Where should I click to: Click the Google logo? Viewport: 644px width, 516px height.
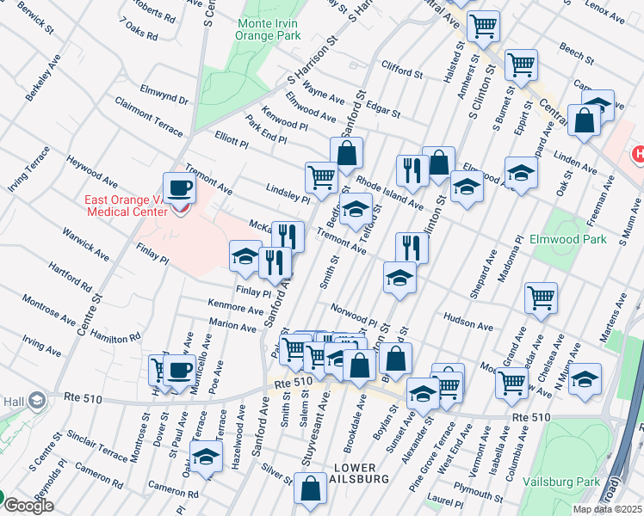point(28,506)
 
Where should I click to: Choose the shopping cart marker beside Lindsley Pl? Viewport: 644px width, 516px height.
point(321,177)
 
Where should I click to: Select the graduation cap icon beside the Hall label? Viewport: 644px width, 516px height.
point(37,400)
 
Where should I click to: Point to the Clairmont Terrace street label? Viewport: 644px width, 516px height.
point(149,117)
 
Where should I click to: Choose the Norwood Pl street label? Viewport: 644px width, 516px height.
point(353,313)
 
